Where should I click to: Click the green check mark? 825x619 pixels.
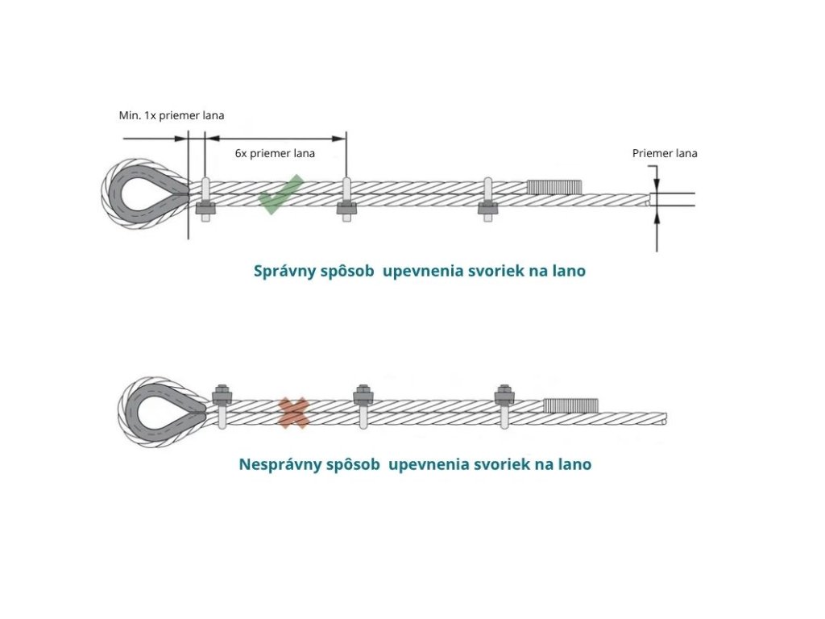tap(280, 195)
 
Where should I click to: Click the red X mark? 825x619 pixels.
tap(293, 412)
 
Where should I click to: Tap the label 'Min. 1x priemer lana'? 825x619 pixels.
tap(172, 115)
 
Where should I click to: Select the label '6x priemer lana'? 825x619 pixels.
tap(275, 153)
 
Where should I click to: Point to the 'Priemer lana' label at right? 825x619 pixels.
tap(665, 153)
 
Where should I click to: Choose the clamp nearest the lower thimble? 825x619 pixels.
tap(222, 405)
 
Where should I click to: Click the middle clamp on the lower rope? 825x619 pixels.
tap(363, 405)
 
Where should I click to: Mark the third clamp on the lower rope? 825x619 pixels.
tap(505, 405)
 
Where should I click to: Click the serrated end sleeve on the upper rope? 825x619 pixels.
tap(554, 187)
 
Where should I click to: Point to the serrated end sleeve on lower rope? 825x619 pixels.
tap(570, 405)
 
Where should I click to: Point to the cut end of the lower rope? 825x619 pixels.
tap(665, 418)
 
